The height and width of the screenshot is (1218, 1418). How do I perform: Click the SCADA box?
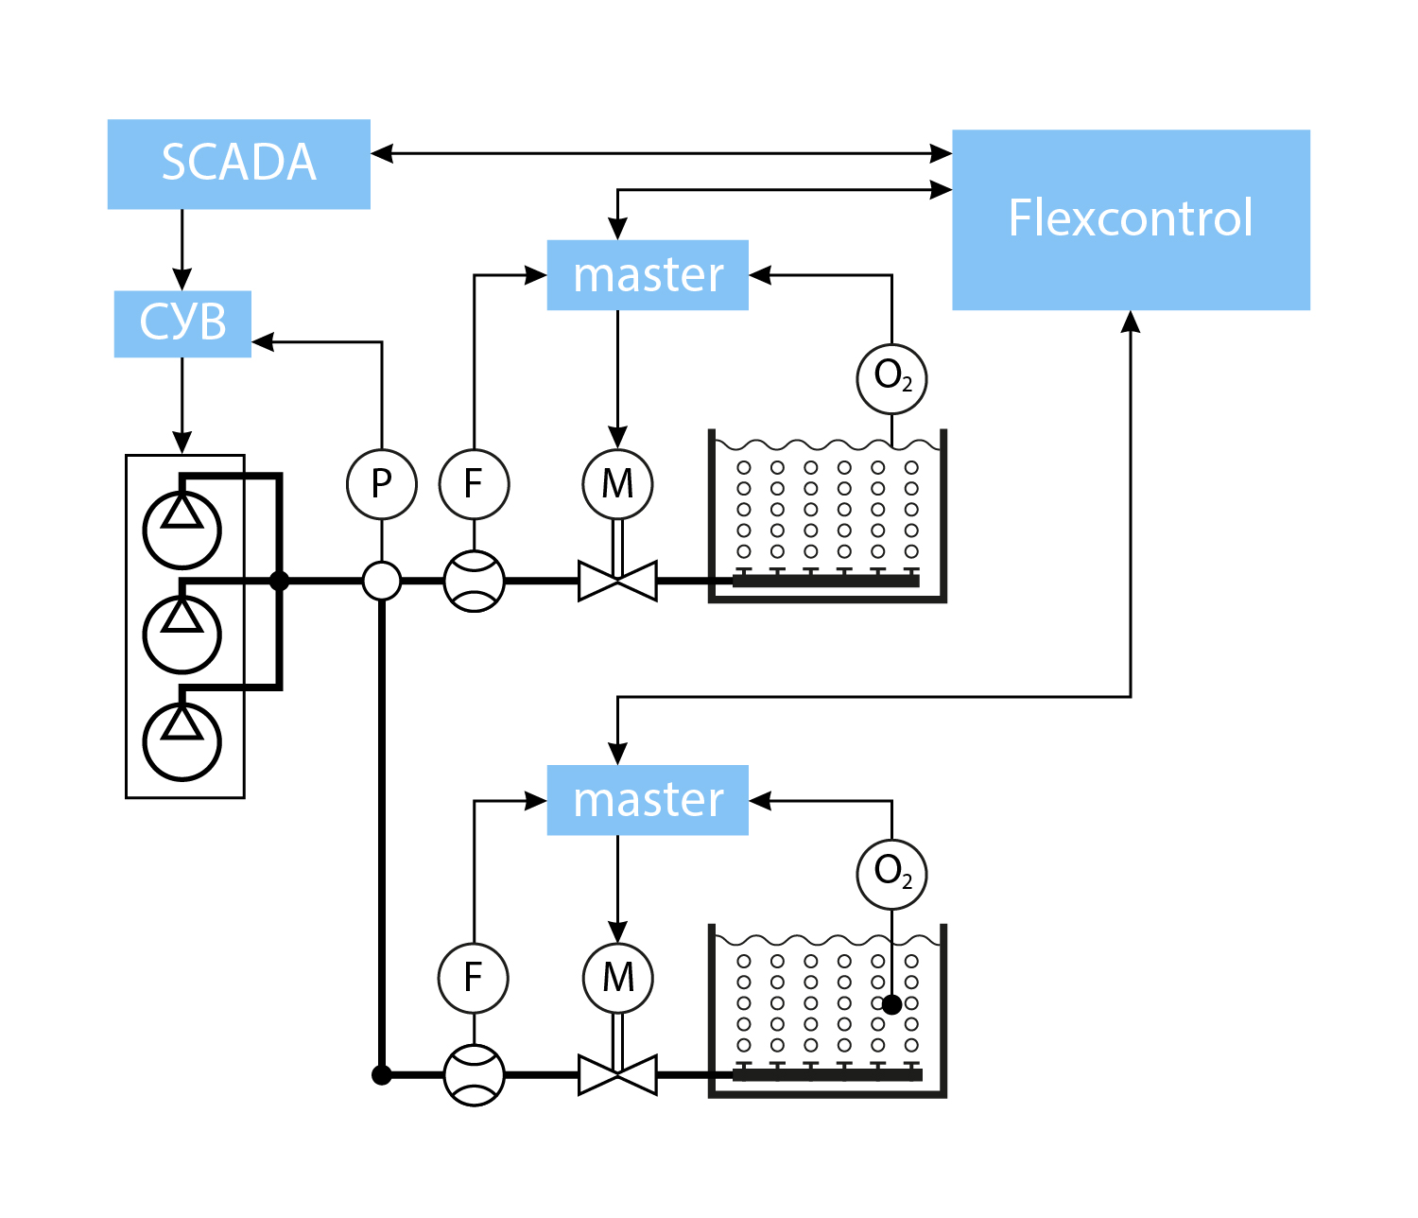[238, 164]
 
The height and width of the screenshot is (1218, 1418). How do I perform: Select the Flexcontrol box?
[1131, 219]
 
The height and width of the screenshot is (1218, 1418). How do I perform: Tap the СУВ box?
[182, 323]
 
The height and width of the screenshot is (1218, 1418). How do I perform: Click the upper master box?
[648, 275]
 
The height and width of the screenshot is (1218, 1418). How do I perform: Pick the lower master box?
[648, 800]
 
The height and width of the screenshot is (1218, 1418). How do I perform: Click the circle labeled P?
[382, 484]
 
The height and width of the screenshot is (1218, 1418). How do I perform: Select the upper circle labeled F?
[474, 484]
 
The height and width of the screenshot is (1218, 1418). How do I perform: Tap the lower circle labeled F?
[474, 978]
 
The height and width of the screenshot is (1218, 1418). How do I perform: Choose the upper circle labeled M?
[617, 484]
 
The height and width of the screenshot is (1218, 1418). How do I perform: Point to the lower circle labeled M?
[617, 978]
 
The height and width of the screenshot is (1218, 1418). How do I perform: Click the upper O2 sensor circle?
[891, 378]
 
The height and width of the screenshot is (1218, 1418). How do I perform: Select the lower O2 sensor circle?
[891, 873]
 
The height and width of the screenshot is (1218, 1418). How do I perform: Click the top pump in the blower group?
[182, 529]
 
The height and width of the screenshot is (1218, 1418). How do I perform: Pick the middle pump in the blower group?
[182, 634]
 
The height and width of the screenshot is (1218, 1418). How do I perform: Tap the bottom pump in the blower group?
[182, 740]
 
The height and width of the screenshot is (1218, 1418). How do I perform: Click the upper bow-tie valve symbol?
[617, 581]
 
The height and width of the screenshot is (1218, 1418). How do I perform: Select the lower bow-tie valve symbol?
[617, 1075]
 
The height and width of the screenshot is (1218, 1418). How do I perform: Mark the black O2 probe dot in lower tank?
[891, 1004]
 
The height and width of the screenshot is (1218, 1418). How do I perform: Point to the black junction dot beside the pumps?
[279, 581]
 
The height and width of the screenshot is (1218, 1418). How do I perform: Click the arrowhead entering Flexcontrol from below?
[1131, 322]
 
